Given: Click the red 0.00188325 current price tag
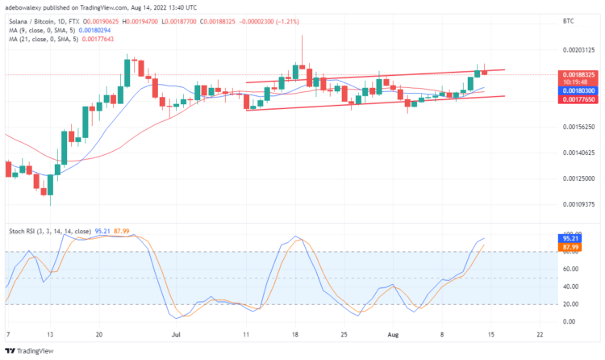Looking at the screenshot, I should tap(578, 74).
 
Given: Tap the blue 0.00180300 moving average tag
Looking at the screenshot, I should tap(578, 91).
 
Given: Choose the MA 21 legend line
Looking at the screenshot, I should tap(58, 40).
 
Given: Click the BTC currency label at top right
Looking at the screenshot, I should tap(567, 24).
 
